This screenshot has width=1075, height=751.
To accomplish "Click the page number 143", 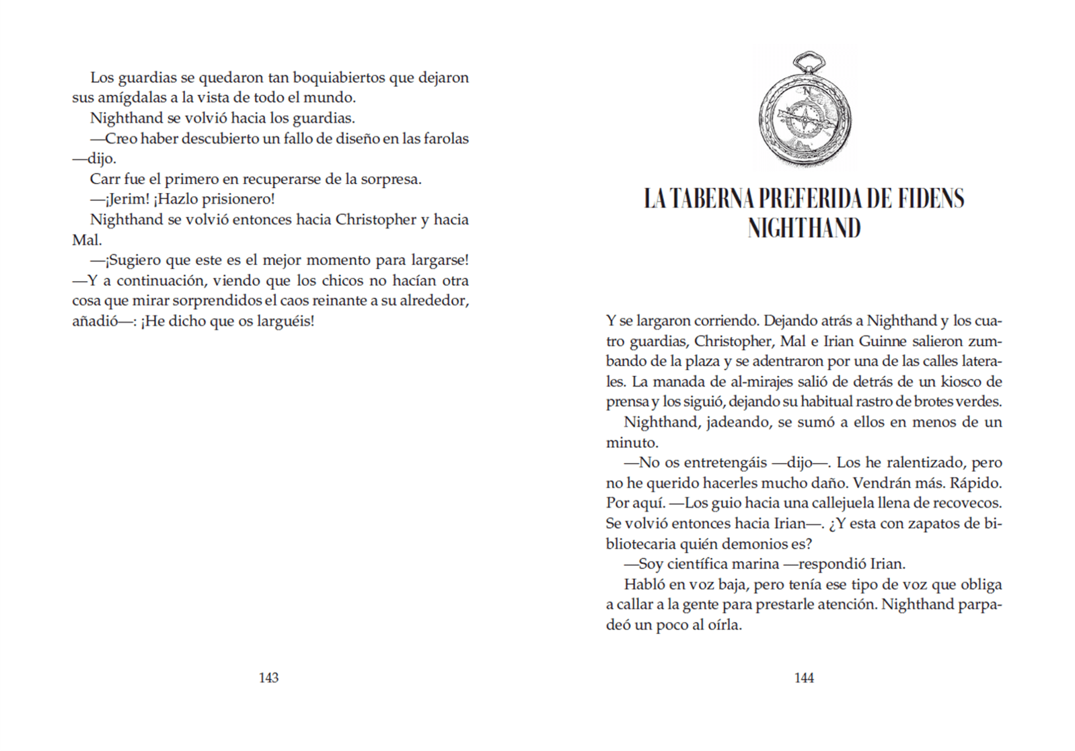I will click(268, 678).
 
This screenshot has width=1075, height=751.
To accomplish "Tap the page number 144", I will click(804, 678).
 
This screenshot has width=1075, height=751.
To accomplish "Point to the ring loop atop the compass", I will click(807, 63).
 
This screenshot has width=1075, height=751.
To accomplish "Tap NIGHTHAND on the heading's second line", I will click(804, 228).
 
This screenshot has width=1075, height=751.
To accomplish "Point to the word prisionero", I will click(239, 200).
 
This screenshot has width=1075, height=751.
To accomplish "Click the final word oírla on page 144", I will click(725, 625).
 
